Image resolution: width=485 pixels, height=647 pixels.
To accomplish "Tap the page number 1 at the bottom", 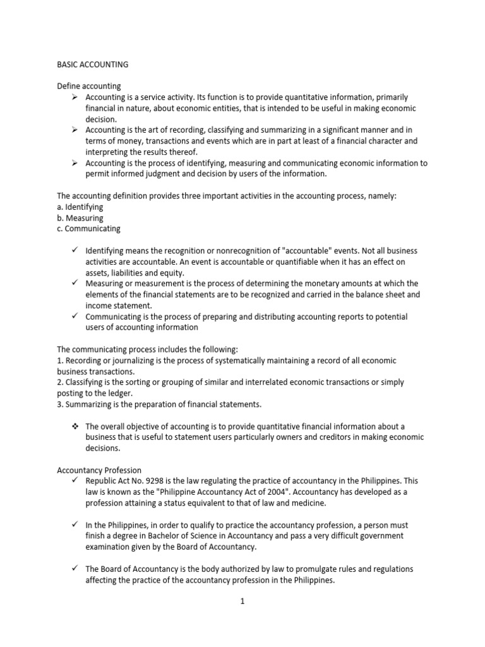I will pyautogui.click(x=242, y=602).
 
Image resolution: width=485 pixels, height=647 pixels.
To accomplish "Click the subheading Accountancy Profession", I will pyautogui.click(x=99, y=470).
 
